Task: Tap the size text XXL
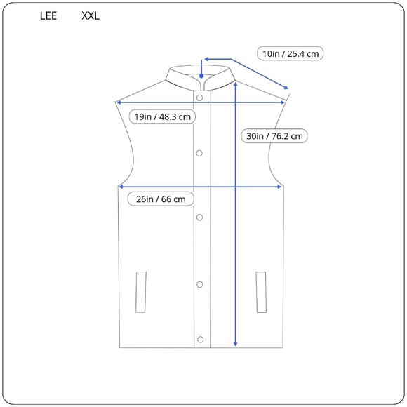pyautogui.click(x=91, y=15)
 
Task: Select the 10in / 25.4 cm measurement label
pyautogui.click(x=291, y=53)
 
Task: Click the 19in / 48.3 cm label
pyautogui.click(x=163, y=116)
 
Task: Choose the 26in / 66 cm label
pyautogui.click(x=161, y=199)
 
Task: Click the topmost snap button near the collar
pyautogui.click(x=200, y=98)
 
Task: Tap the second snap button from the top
pyautogui.click(x=200, y=152)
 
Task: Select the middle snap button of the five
pyautogui.click(x=200, y=218)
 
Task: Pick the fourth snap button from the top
pyautogui.click(x=200, y=284)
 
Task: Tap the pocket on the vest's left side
pyautogui.click(x=141, y=291)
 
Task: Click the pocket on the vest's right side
pyautogui.click(x=262, y=291)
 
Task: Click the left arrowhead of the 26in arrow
pyautogui.click(x=121, y=187)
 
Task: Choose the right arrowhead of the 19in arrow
pyautogui.click(x=283, y=102)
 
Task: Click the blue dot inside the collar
pyautogui.click(x=201, y=74)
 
